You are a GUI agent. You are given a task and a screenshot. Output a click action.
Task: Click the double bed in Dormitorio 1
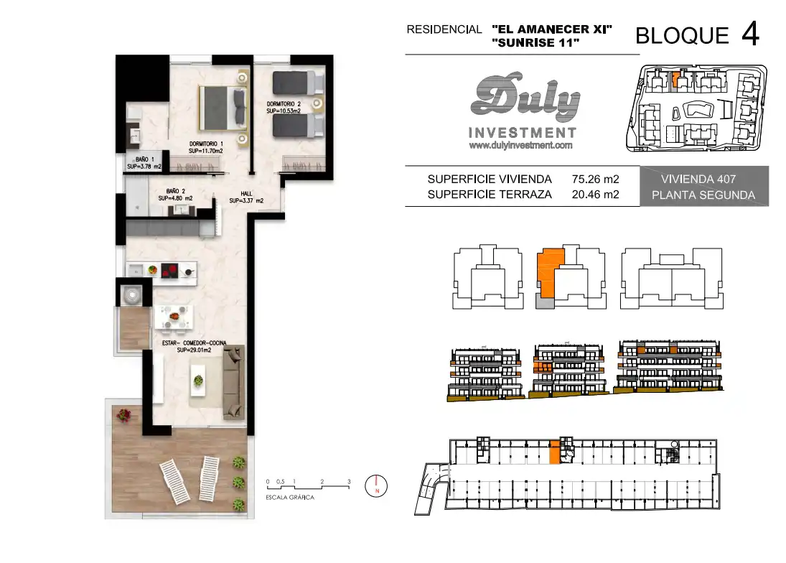tap(223, 108)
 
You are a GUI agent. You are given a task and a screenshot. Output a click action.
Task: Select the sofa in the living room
tap(233, 382)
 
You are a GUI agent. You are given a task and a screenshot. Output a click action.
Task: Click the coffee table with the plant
tap(199, 381)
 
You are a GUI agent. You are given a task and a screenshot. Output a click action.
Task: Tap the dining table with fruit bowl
tap(174, 317)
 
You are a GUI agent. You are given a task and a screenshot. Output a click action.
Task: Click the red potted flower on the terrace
tap(123, 415)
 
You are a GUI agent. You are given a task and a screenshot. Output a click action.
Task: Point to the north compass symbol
tap(376, 486)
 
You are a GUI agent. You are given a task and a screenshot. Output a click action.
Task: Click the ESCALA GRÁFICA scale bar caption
tap(290, 498)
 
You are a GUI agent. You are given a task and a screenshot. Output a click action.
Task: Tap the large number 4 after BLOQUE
tap(750, 34)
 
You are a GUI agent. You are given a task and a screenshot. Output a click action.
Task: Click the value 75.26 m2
tap(596, 179)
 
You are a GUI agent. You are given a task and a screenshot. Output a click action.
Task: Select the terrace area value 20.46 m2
tap(596, 195)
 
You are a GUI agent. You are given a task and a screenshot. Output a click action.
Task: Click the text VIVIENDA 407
tap(698, 179)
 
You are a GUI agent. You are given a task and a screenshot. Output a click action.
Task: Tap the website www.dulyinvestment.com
tap(521, 145)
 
